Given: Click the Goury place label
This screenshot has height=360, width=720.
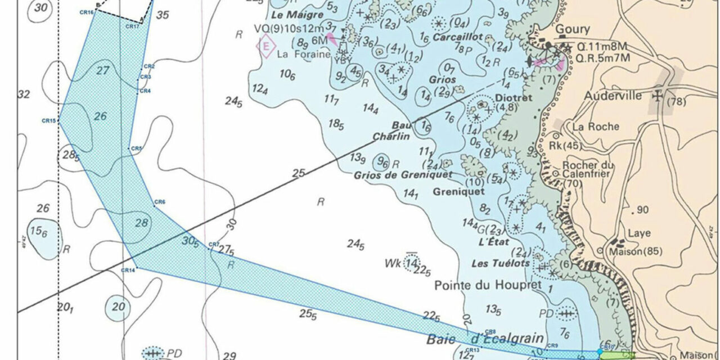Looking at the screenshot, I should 573,29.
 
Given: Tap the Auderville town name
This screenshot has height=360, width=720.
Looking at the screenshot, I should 613,96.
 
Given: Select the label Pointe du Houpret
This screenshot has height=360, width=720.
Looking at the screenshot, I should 488,286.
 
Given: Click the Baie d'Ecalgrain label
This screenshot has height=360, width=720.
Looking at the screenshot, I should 485,339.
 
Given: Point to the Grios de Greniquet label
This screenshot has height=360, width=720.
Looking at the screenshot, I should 403,174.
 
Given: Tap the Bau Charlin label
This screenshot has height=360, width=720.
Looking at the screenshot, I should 391,130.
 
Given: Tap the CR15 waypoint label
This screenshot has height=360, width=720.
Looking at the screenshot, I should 49,120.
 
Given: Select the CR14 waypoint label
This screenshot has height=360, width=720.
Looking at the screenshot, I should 128,271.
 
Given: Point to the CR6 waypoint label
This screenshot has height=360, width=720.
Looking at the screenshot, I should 160,202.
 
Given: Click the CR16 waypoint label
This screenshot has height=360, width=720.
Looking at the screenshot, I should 87,12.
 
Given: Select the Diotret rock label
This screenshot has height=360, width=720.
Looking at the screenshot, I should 514,97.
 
